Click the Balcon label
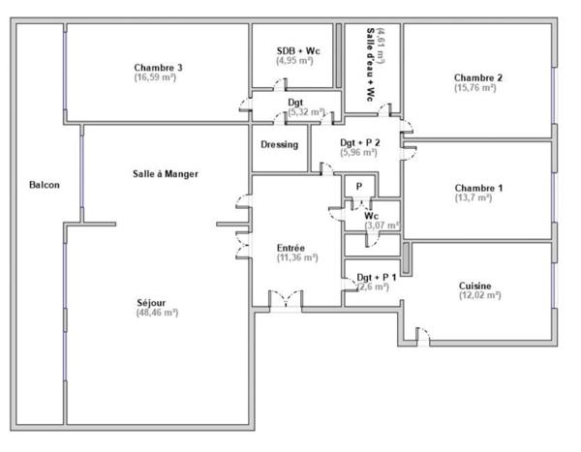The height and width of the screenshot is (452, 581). [44, 184]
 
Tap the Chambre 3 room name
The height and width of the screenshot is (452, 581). [159, 67]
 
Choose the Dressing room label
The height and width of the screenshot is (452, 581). [280, 145]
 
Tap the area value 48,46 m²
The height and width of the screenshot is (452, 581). [158, 313]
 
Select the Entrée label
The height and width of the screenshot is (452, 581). [290, 247]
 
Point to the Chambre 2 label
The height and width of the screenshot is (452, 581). [478, 77]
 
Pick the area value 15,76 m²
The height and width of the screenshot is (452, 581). [475, 88]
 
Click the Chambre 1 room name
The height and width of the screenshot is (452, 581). [478, 187]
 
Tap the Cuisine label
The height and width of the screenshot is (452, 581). [475, 286]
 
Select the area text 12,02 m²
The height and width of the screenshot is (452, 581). [479, 296]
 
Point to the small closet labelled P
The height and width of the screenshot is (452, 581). [358, 186]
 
